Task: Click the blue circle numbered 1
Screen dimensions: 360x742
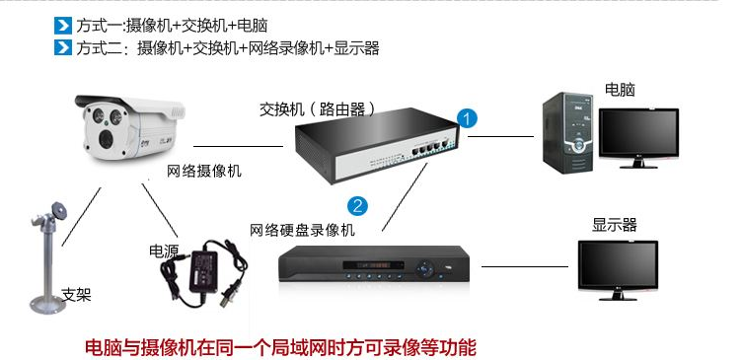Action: [469, 117]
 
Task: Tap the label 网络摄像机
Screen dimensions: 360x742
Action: [204, 172]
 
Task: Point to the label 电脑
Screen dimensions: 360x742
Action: [620, 90]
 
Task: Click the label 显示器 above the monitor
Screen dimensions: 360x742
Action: [614, 225]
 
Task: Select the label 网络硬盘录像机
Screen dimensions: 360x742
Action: [302, 230]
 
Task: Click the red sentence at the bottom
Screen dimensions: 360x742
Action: [280, 347]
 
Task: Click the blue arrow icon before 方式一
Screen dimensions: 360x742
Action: [64, 25]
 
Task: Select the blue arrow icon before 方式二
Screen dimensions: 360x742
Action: [64, 47]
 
